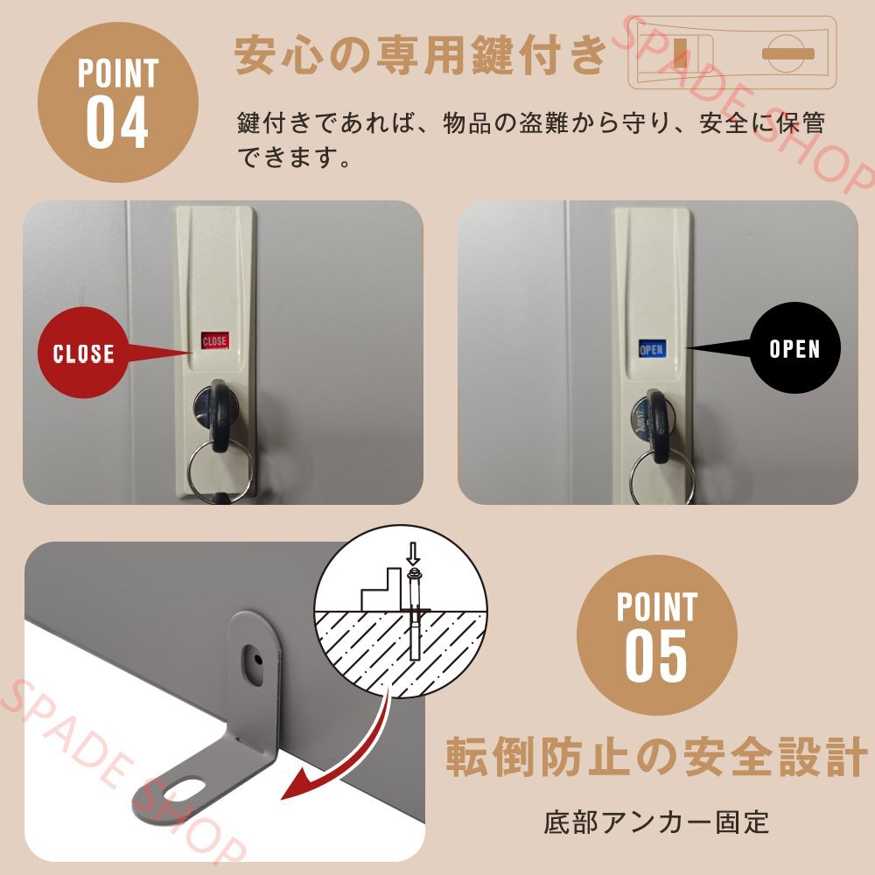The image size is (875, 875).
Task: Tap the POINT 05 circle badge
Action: tap(656, 633)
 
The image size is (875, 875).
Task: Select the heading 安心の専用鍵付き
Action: tap(420, 55)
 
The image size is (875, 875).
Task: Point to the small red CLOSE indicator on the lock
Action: tap(214, 340)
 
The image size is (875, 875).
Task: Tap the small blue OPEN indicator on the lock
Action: tap(652, 349)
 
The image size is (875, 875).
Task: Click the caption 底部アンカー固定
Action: tap(656, 822)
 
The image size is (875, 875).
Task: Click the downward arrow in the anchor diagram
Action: tap(413, 553)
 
